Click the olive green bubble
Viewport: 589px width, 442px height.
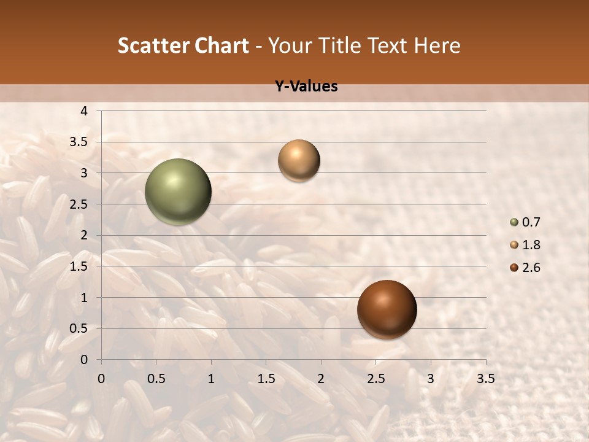pyautogui.click(x=178, y=192)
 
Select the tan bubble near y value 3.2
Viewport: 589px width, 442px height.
pyautogui.click(x=299, y=160)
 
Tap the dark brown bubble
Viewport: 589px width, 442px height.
pyautogui.click(x=387, y=309)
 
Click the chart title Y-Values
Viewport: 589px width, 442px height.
pyautogui.click(x=306, y=87)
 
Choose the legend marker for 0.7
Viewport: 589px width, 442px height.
pyautogui.click(x=514, y=222)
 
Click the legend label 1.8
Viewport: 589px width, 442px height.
pyautogui.click(x=531, y=245)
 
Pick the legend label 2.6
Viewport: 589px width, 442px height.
pyautogui.click(x=531, y=268)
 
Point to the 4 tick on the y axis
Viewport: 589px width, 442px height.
pyautogui.click(x=84, y=111)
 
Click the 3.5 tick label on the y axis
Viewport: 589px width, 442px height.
pyautogui.click(x=79, y=142)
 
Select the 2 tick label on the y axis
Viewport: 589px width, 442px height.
pyautogui.click(x=84, y=235)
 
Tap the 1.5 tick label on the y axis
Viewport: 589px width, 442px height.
pyautogui.click(x=79, y=266)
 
